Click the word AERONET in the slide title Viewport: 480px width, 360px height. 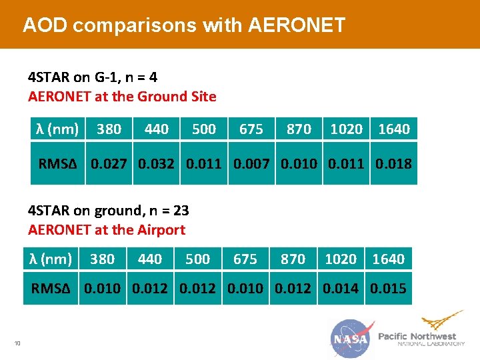click(297, 25)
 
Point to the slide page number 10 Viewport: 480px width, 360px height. click(17, 343)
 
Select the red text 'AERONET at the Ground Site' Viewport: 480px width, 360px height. click(122, 97)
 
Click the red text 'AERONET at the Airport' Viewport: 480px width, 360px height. click(107, 230)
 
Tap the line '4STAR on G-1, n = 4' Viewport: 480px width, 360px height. click(93, 77)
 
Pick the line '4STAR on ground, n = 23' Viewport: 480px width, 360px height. click(109, 211)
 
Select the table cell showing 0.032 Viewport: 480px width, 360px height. click(157, 163)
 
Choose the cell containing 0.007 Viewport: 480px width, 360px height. click(252, 163)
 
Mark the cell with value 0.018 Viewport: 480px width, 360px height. click(393, 163)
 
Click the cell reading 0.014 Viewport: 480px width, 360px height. click(341, 289)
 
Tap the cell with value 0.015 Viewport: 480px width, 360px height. click(388, 289)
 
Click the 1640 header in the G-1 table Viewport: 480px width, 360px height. click(393, 129)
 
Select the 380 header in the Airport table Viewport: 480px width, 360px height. click(103, 259)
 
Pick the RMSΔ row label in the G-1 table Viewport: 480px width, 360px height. click(58, 163)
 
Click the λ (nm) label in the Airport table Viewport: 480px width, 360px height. click(51, 259)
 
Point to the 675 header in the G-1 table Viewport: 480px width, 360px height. click(251, 129)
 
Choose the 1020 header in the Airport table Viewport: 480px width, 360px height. click(341, 259)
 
